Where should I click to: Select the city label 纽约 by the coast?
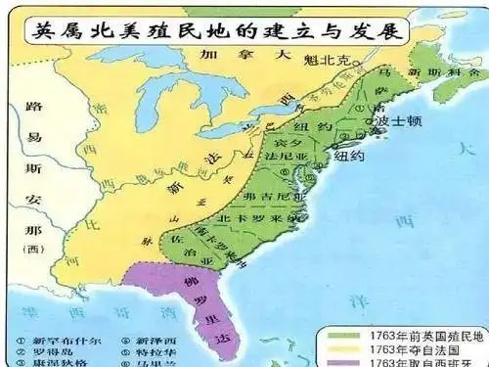click(x=349, y=155)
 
